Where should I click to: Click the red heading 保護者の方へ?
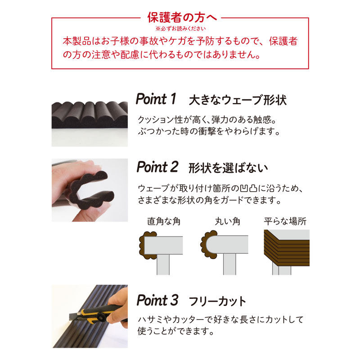tap(182, 18)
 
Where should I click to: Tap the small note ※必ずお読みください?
tap(180, 29)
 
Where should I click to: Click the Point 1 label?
tap(156, 99)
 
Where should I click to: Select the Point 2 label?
tap(157, 167)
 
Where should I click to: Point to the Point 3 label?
tap(157, 300)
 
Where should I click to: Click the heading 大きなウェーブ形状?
tap(238, 100)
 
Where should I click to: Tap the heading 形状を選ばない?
tap(228, 168)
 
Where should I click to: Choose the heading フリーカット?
tap(217, 301)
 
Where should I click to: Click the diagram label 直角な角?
tap(164, 221)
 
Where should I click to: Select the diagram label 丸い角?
tap(228, 221)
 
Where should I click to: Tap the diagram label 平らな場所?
tap(285, 221)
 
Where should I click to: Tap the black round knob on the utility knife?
tap(101, 317)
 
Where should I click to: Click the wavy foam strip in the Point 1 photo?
tap(90, 115)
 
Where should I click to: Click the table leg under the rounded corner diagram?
tap(229, 264)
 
